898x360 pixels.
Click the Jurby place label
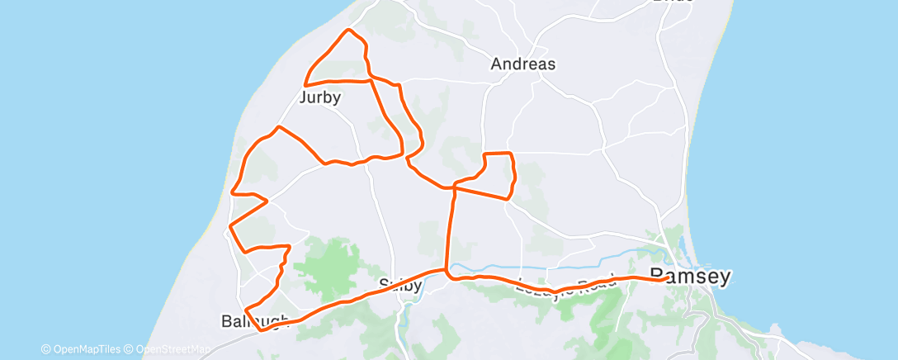320,97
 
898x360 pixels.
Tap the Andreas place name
522,64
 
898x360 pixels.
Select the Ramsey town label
690,277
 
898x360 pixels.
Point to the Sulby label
399,287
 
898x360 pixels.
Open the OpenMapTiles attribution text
81,349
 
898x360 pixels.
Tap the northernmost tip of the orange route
349,31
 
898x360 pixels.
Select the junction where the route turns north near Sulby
447,270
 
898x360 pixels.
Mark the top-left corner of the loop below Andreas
484,154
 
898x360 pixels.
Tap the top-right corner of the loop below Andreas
512,154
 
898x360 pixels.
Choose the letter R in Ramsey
658,277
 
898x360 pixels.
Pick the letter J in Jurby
303,97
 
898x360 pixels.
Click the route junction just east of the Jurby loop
369,78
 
